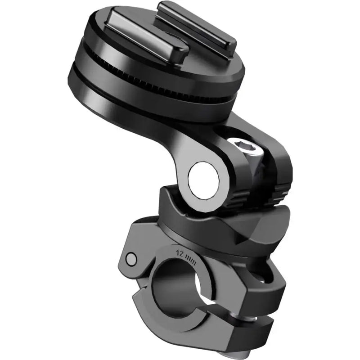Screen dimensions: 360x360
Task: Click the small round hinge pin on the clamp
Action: [131, 259]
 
